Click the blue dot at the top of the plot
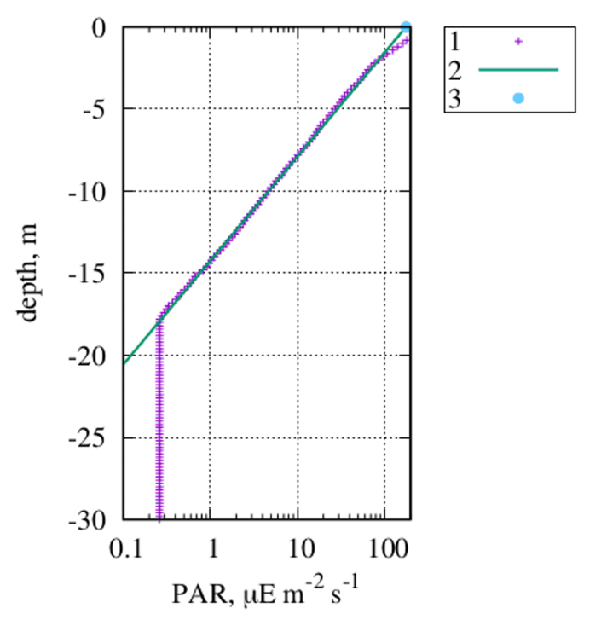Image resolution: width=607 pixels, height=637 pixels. click(x=407, y=27)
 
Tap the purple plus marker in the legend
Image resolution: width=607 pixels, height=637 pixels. click(x=518, y=41)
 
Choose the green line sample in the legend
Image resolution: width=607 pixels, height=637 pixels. click(x=518, y=69)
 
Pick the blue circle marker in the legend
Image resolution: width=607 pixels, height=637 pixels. click(x=518, y=98)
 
